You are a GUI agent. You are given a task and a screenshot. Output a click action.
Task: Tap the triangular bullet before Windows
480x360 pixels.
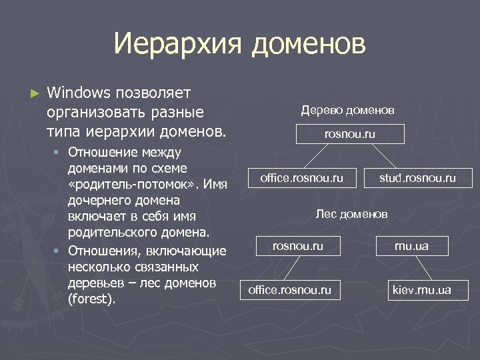click(35, 91)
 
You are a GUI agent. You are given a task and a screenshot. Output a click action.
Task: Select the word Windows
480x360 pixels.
click(79, 91)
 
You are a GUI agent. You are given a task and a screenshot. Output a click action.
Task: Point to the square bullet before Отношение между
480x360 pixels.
click(57, 151)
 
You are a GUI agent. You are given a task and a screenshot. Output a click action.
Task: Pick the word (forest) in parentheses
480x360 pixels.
click(92, 299)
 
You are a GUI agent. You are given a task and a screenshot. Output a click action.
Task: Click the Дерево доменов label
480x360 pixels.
click(347, 109)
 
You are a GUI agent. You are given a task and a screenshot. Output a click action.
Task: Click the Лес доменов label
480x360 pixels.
click(351, 214)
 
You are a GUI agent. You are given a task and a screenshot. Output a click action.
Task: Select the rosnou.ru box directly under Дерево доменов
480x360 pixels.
click(350, 134)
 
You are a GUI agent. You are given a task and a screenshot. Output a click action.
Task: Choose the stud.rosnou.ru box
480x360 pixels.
click(417, 178)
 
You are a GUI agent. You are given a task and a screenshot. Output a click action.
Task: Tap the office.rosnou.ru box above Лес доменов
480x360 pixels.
click(302, 178)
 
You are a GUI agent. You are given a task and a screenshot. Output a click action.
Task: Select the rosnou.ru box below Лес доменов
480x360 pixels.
click(298, 246)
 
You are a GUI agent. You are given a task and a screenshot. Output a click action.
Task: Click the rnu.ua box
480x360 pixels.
click(411, 246)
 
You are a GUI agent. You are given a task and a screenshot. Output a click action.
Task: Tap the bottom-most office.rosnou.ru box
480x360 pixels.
click(289, 290)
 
